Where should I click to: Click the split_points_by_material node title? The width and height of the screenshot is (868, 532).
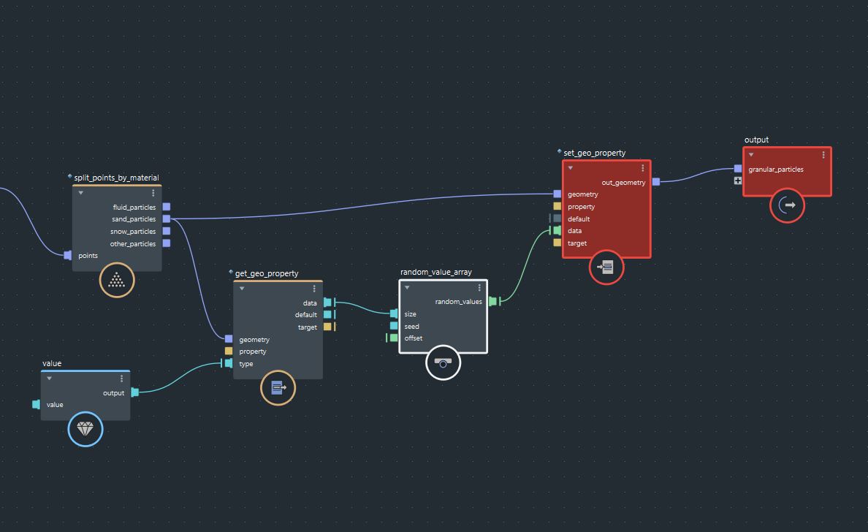(x=116, y=178)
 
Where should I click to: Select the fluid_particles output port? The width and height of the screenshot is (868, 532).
(x=167, y=207)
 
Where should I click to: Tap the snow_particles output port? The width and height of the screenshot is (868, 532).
(x=167, y=231)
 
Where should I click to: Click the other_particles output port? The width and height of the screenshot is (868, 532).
(x=167, y=243)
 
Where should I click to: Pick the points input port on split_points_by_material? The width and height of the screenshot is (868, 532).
(x=68, y=255)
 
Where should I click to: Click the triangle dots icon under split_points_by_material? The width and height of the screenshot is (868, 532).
(x=117, y=280)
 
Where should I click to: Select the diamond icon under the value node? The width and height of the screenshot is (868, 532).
(x=85, y=430)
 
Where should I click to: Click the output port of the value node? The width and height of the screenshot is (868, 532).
(x=135, y=392)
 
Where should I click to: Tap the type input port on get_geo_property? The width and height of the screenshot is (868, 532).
(x=229, y=363)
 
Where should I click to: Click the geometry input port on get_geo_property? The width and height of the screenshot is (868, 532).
(x=229, y=339)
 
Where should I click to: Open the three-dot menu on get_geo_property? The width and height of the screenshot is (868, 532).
(x=314, y=289)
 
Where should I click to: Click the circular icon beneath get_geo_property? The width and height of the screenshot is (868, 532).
(x=278, y=388)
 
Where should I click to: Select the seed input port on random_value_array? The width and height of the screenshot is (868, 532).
(x=395, y=326)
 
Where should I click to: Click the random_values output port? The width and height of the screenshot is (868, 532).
(x=492, y=301)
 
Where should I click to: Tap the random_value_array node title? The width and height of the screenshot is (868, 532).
(x=436, y=272)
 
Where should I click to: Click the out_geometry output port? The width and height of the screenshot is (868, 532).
(x=656, y=182)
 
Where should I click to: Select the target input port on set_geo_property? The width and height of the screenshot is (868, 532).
(x=557, y=243)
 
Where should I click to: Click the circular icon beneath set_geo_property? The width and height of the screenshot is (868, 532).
(x=606, y=267)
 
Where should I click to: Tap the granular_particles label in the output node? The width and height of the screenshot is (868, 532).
(x=776, y=170)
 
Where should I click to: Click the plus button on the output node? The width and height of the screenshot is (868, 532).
(x=738, y=180)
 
